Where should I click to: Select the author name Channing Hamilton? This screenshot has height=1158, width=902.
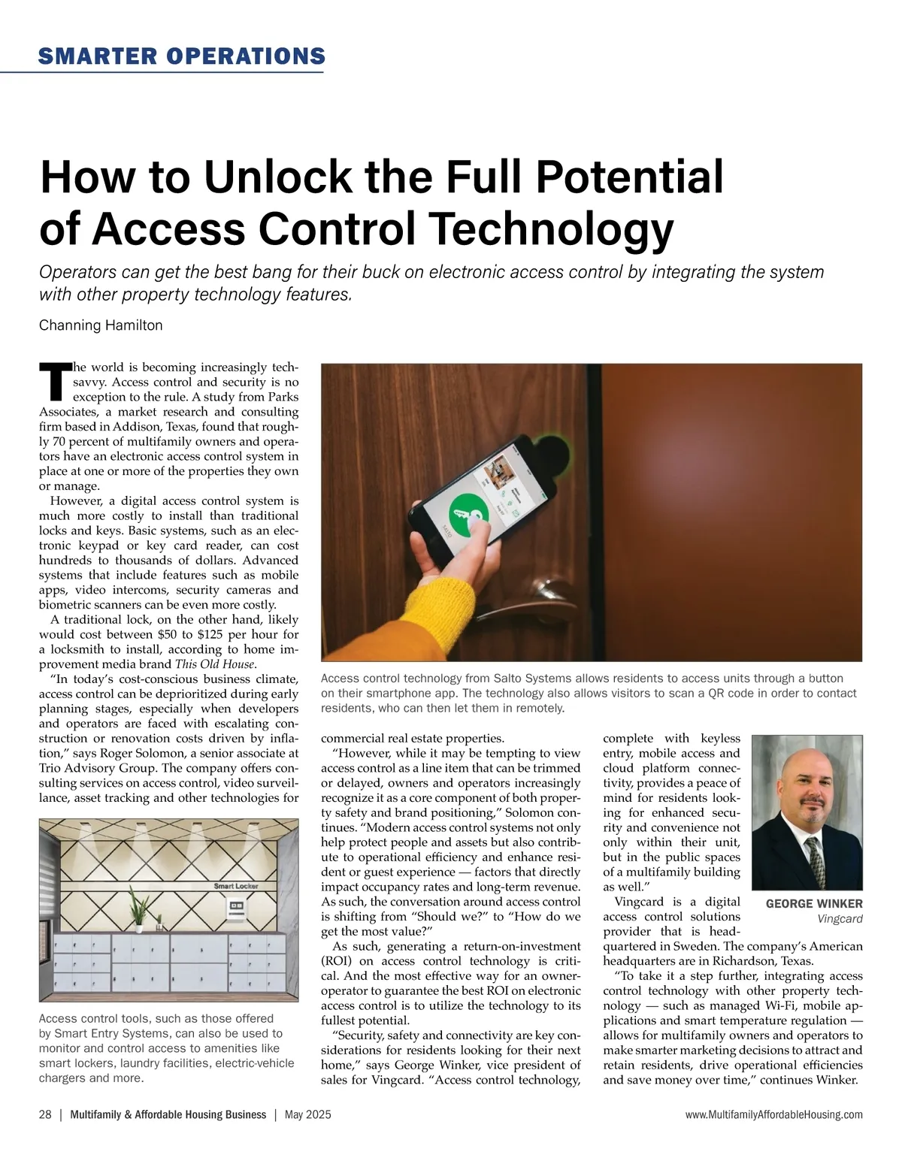tap(101, 325)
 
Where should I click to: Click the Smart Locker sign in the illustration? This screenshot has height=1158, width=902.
tap(236, 886)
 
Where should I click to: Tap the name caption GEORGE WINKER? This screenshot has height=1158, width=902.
tap(814, 903)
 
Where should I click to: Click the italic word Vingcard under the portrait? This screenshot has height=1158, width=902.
tap(840, 918)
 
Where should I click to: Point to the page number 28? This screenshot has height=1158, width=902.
tap(45, 1114)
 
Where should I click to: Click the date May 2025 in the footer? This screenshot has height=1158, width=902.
tap(308, 1114)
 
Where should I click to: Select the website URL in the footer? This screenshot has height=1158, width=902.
tap(774, 1114)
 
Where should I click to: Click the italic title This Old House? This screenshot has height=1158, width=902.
tap(215, 664)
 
